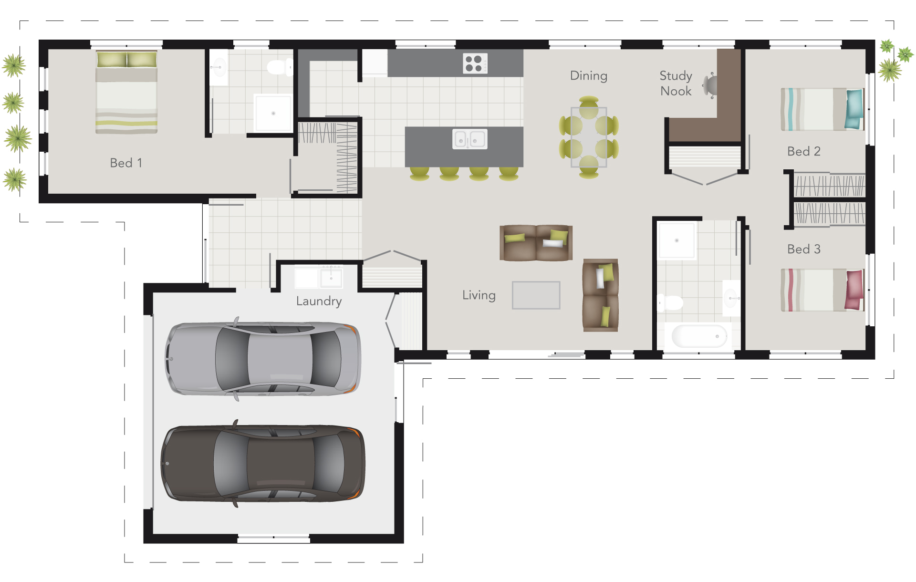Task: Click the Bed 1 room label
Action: point(126,163)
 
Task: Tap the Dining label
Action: point(588,76)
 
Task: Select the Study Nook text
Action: point(676,83)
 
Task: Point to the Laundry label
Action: point(319,301)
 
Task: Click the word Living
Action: point(479,295)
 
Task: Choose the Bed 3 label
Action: point(803,249)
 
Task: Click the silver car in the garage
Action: point(263,359)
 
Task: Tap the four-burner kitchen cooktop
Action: point(475,63)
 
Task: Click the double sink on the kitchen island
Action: point(469,139)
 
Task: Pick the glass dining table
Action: point(589,137)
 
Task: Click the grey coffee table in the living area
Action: point(536,295)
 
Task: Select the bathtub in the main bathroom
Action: point(698,336)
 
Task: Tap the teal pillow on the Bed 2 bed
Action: point(854,109)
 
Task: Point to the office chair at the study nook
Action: point(710,85)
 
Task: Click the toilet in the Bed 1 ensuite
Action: point(279,67)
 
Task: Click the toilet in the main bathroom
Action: point(671,302)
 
